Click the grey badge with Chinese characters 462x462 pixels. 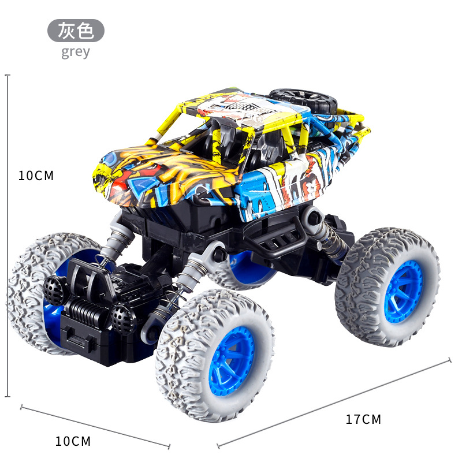pyautogui.click(x=76, y=31)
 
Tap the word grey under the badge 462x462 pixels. pyautogui.click(x=76, y=53)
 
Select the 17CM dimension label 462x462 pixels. pyautogui.click(x=363, y=419)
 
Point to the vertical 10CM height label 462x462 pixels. pyautogui.click(x=36, y=176)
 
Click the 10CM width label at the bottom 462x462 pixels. pyautogui.click(x=73, y=441)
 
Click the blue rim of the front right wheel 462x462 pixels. pyautogui.click(x=232, y=361)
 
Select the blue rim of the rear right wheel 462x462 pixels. pyautogui.click(x=403, y=292)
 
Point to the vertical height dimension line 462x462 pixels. pyautogui.click(x=8, y=236)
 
